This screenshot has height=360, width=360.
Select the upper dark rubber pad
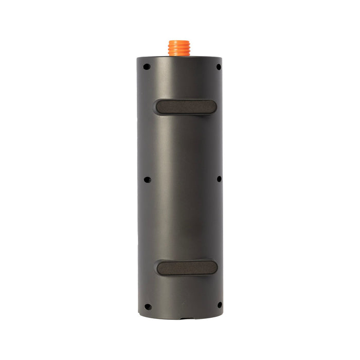click(x=186, y=106)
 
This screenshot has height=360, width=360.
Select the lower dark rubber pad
click(x=186, y=267)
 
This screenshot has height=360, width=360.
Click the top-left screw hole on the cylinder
click(x=147, y=66)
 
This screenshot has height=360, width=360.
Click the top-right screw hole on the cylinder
click(x=218, y=67)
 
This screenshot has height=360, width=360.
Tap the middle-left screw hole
click(x=147, y=179)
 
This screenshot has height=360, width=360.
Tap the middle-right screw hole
click(x=219, y=179)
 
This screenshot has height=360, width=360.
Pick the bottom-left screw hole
click(x=148, y=307)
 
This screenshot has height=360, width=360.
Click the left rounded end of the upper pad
click(x=159, y=107)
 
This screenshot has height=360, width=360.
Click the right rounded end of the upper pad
click(x=212, y=106)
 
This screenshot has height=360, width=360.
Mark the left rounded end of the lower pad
click(x=160, y=268)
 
